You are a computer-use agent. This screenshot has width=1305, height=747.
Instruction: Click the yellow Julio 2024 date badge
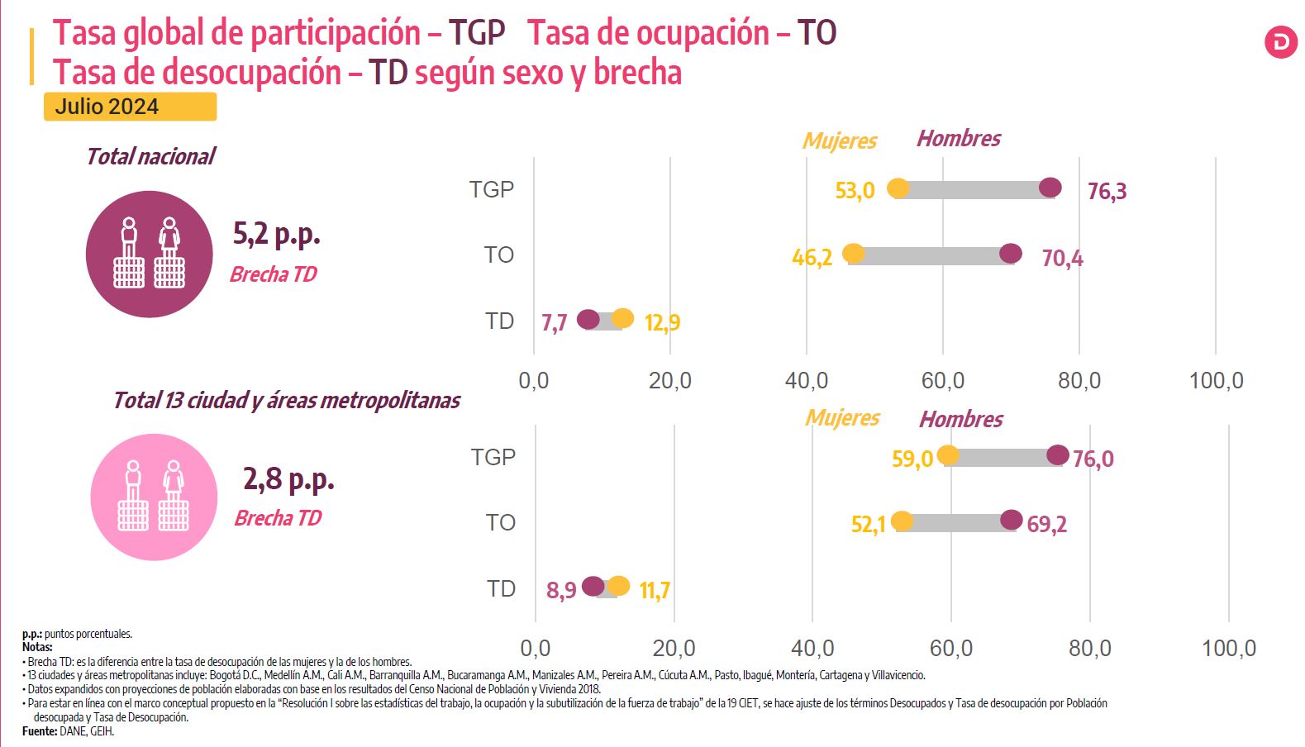[x=130, y=107]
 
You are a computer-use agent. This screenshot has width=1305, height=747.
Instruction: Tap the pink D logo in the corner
[x=1280, y=43]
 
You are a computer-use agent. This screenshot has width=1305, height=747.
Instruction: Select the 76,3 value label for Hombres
[x=1107, y=192]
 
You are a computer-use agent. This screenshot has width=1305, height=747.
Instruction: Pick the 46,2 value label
[x=812, y=258]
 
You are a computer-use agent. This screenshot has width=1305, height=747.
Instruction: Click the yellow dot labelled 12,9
[x=622, y=318]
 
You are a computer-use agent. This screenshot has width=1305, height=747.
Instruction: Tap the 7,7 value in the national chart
[x=554, y=322]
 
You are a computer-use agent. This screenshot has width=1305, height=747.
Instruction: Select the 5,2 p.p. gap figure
[x=276, y=235]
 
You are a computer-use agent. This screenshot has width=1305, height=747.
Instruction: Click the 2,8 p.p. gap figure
[x=288, y=478]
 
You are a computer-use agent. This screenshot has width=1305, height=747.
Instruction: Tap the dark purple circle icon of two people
[x=150, y=254]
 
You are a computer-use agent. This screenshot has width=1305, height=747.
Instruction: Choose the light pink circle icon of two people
[x=154, y=497]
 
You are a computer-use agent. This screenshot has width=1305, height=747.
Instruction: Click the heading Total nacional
[x=150, y=156]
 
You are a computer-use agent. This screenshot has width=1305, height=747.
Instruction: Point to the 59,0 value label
[x=912, y=459]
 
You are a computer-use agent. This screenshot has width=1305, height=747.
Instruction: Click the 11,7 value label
[x=655, y=591]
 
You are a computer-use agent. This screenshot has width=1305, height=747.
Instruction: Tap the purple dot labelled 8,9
[x=593, y=586]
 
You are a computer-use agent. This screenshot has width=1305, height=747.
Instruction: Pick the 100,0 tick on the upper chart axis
[x=1216, y=380]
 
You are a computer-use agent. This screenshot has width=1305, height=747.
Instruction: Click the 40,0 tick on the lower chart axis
[x=812, y=648]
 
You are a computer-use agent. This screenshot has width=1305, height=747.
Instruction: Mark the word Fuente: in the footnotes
[x=40, y=731]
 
